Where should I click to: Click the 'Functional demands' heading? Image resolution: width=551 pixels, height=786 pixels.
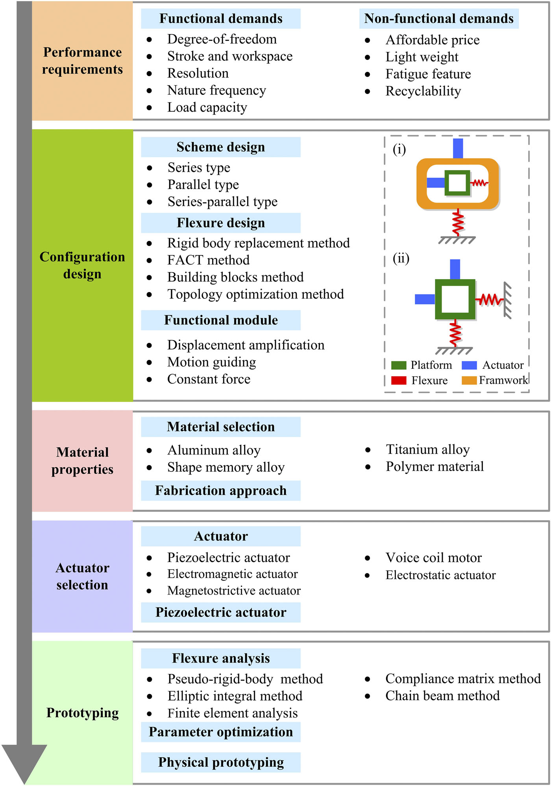(x=221, y=18)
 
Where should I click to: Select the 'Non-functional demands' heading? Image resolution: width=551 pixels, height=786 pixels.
(x=439, y=18)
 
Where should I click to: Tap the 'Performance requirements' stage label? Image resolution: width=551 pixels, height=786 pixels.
(x=83, y=61)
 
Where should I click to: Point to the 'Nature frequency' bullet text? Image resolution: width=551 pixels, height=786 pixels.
(x=216, y=90)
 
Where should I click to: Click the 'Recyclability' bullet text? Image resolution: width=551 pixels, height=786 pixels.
(x=423, y=91)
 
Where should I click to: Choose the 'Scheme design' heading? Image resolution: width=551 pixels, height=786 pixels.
(x=221, y=147)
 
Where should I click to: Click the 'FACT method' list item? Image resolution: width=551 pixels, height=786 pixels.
(x=208, y=260)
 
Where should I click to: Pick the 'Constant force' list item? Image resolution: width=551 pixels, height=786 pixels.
(x=209, y=379)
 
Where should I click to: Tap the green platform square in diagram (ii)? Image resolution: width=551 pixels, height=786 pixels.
(x=455, y=283)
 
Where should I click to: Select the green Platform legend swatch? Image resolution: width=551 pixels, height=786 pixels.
(x=399, y=365)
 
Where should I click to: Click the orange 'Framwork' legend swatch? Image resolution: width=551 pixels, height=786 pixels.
(x=469, y=380)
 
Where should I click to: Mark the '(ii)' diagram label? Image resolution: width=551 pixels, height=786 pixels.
(x=401, y=258)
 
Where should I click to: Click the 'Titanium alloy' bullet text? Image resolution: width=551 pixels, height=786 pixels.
(x=428, y=449)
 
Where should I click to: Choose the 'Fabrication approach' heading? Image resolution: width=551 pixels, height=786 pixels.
(x=221, y=491)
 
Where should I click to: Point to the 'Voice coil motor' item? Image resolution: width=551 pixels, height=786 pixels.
(x=434, y=558)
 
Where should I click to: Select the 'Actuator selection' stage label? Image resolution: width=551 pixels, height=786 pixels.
(x=82, y=576)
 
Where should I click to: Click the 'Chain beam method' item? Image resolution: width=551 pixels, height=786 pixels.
(x=443, y=696)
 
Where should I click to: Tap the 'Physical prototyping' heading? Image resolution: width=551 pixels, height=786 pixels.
(x=221, y=762)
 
